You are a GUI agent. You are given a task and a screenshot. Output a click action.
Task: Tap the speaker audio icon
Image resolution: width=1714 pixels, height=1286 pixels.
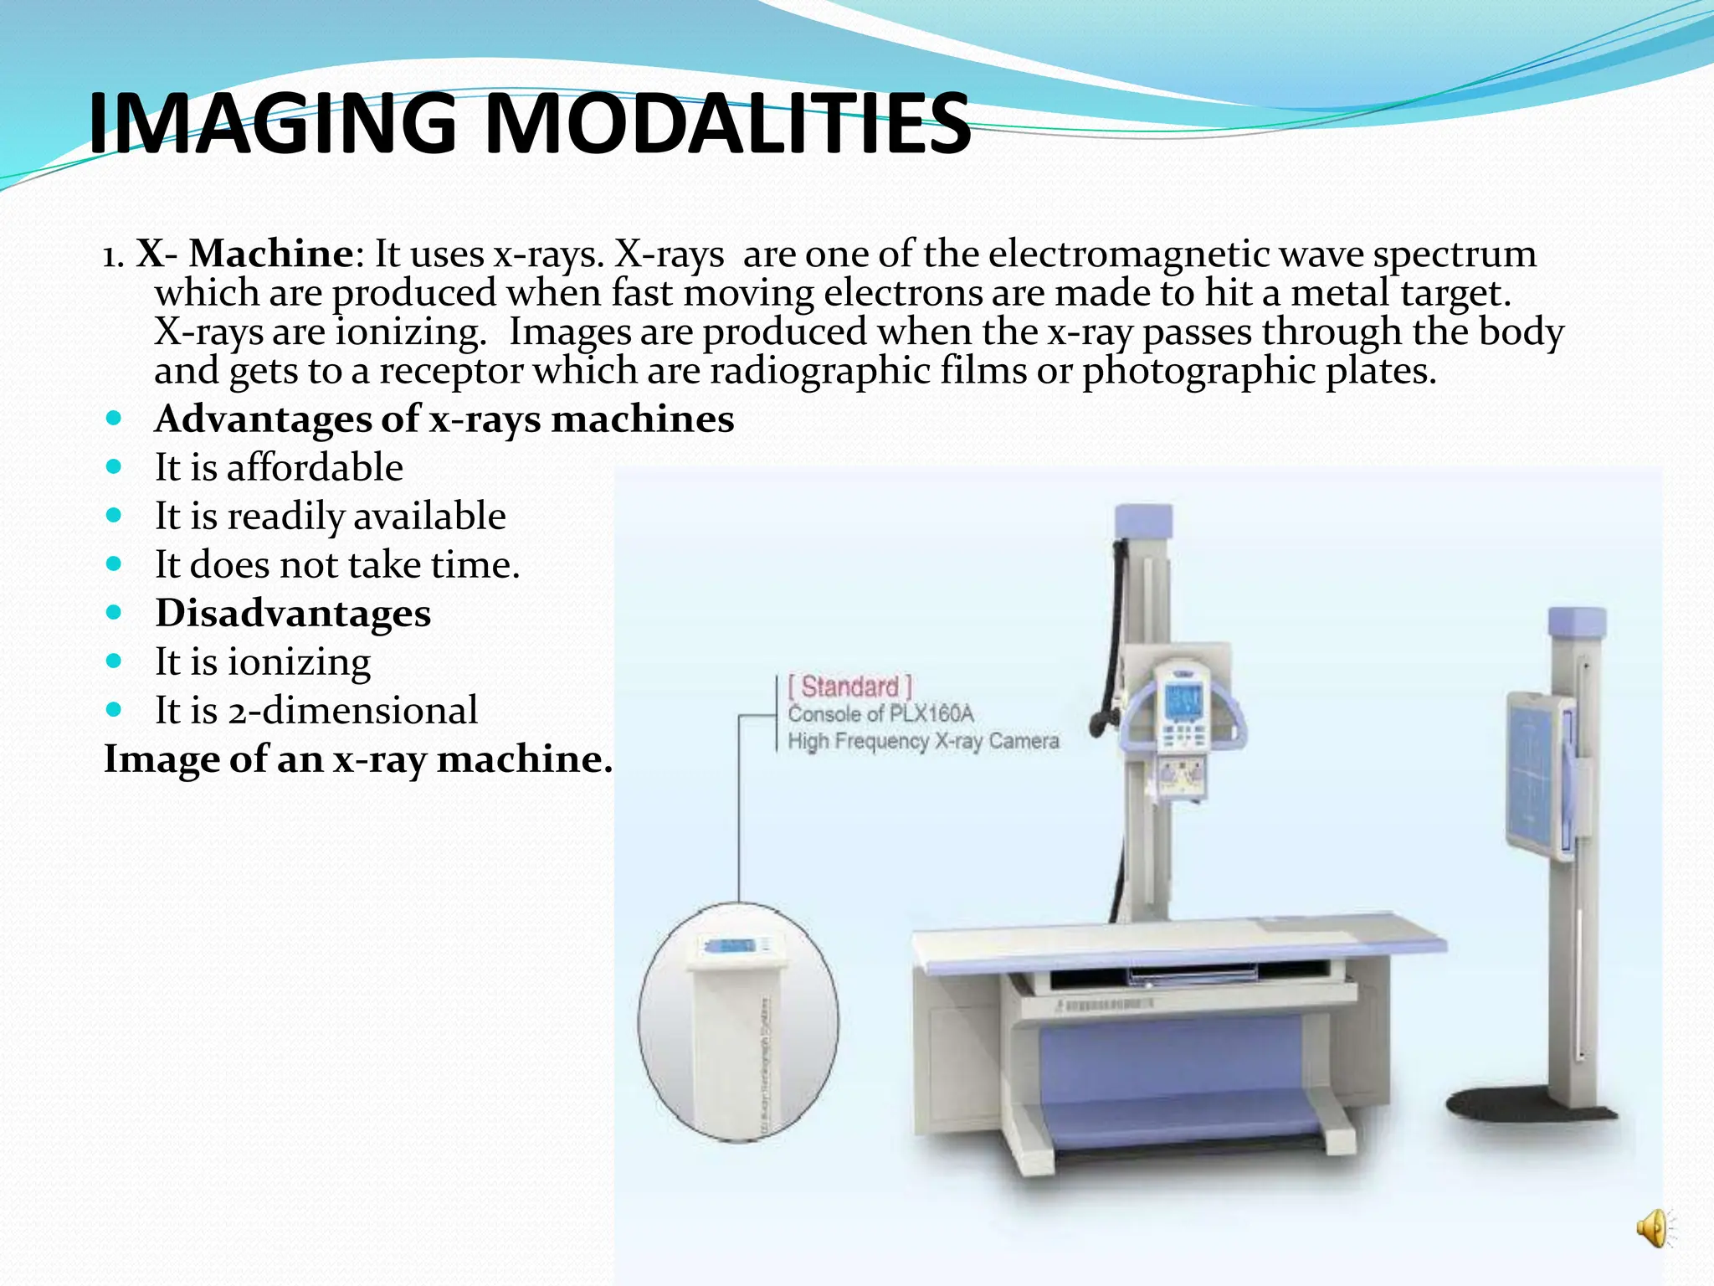click(x=1653, y=1228)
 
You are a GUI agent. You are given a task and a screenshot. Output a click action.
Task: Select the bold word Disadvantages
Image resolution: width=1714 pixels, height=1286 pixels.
click(x=293, y=613)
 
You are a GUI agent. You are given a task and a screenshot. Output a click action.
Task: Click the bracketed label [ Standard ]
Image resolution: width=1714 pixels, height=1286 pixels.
click(x=849, y=687)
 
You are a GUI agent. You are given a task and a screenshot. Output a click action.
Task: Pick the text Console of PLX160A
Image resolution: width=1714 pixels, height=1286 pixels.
click(x=880, y=714)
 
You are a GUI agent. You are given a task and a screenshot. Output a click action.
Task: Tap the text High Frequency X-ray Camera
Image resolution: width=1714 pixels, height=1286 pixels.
click(x=923, y=741)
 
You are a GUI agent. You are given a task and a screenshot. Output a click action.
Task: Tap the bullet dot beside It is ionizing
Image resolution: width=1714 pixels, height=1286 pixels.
click(x=115, y=661)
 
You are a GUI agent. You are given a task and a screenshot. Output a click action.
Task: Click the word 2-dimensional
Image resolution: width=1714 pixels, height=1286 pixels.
click(x=352, y=710)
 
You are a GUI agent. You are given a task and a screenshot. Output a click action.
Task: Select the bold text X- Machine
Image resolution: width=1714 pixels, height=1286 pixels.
click(x=244, y=254)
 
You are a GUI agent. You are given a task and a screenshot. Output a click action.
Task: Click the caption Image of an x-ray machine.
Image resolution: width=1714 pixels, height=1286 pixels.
click(x=357, y=759)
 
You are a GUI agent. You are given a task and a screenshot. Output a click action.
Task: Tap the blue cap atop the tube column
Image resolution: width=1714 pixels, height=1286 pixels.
click(x=1143, y=521)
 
